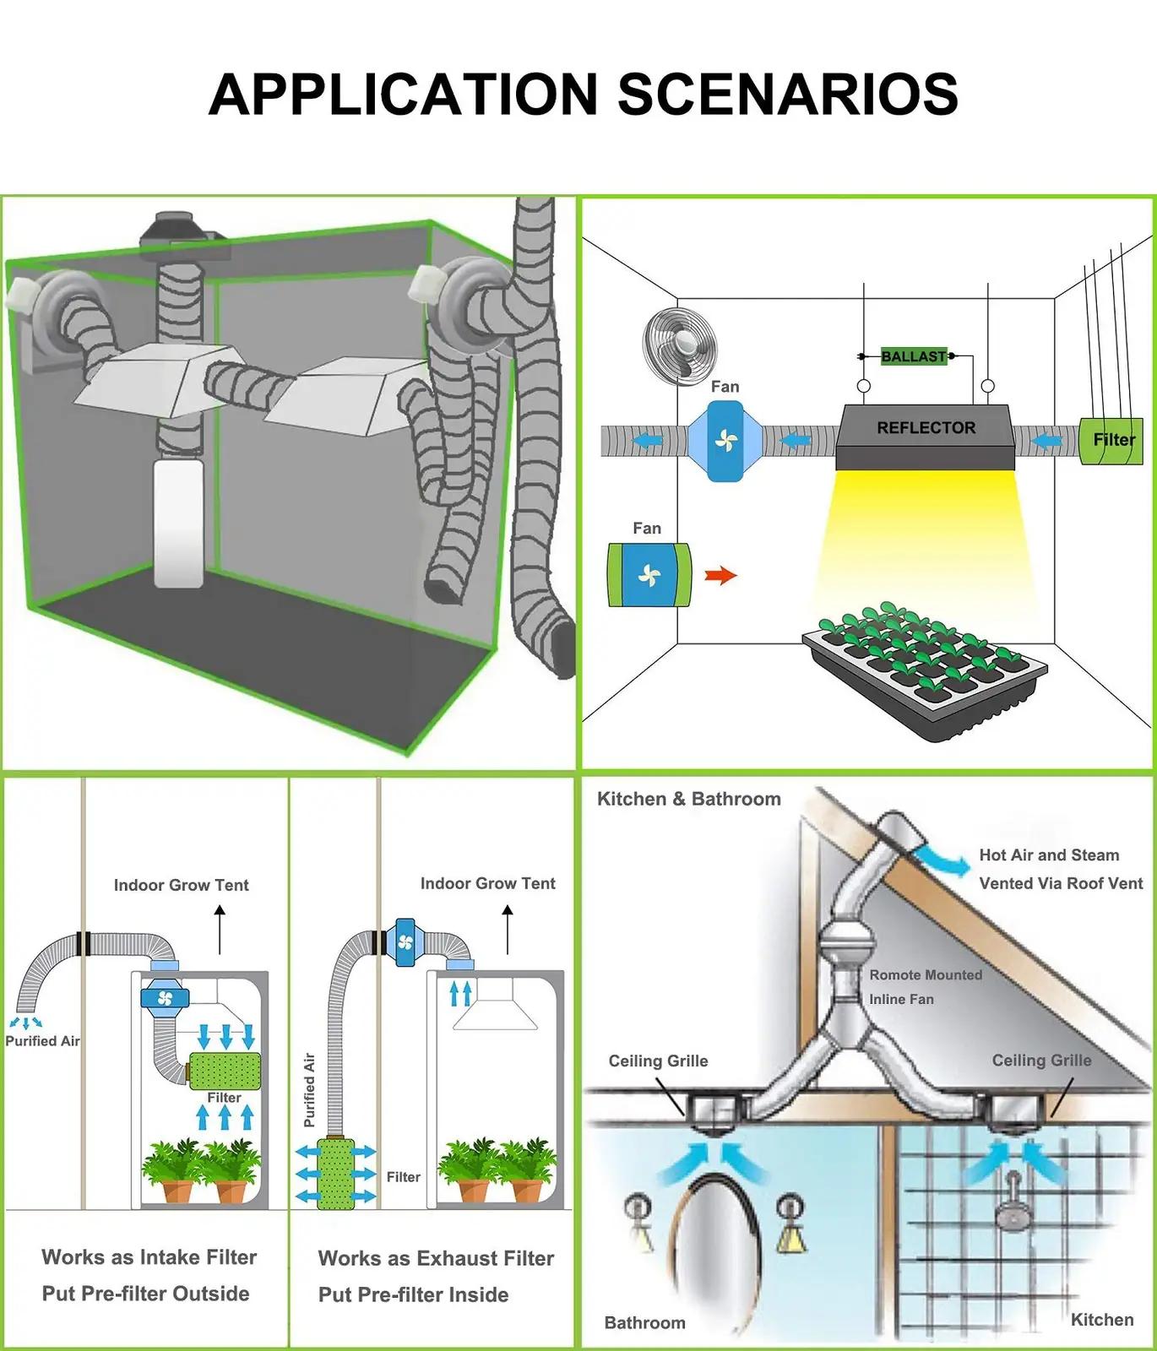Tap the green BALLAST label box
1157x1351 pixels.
(914, 356)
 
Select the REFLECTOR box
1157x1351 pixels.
(926, 436)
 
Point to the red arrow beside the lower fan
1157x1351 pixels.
(721, 576)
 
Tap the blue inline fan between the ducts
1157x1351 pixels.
(725, 441)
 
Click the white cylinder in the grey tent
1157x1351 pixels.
(178, 523)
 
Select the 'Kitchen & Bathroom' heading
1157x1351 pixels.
(689, 799)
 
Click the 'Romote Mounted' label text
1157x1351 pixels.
(926, 974)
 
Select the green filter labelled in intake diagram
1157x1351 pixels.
(224, 1070)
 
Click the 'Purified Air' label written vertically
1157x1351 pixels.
(309, 1089)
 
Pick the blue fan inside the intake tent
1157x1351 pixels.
(166, 999)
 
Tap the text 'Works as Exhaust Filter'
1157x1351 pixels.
(436, 1258)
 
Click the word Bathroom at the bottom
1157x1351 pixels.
(644, 1322)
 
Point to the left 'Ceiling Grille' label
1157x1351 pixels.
(658, 1061)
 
